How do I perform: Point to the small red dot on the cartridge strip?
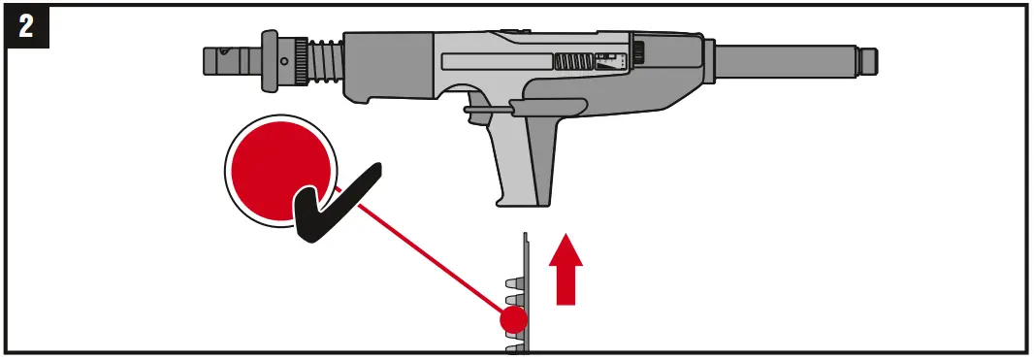click(513, 318)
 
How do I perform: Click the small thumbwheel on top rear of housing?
click(639, 49)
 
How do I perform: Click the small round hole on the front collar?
click(283, 60)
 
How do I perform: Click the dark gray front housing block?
click(388, 68)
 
